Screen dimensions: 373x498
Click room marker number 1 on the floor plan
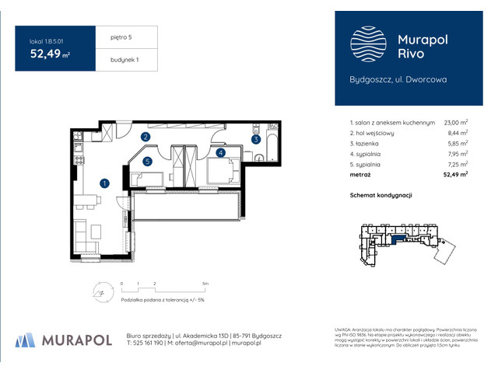coord(104,183)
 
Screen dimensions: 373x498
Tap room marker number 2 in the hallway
coord(146,138)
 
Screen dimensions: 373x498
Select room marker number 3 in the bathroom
coord(255,140)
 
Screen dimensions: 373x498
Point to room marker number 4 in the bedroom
coord(221,154)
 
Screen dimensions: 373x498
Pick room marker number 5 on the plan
coord(146,162)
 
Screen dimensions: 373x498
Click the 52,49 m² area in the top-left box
coord(50,54)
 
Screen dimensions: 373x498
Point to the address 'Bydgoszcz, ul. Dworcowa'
coord(397,79)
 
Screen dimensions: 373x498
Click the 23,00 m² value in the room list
coord(455,123)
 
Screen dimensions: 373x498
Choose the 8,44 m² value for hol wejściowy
coord(457,133)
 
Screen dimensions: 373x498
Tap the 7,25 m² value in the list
coord(457,165)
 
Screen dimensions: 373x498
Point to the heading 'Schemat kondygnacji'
coord(381,196)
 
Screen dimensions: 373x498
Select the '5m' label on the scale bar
coord(204,284)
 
